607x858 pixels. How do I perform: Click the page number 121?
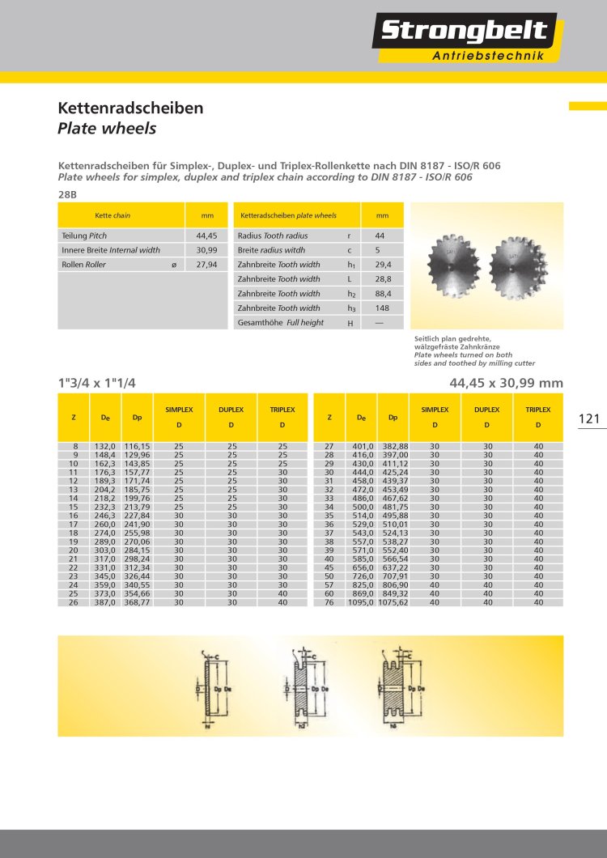pos(589,418)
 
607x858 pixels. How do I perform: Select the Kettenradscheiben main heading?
pos(130,108)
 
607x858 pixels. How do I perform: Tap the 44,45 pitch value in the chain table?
pos(206,236)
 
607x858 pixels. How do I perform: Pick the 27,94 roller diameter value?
pos(206,265)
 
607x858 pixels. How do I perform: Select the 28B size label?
pos(68,194)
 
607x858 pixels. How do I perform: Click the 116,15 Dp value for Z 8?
pos(137,446)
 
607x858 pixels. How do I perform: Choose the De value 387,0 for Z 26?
pos(107,601)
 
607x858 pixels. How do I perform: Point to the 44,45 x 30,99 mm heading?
pos(505,383)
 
